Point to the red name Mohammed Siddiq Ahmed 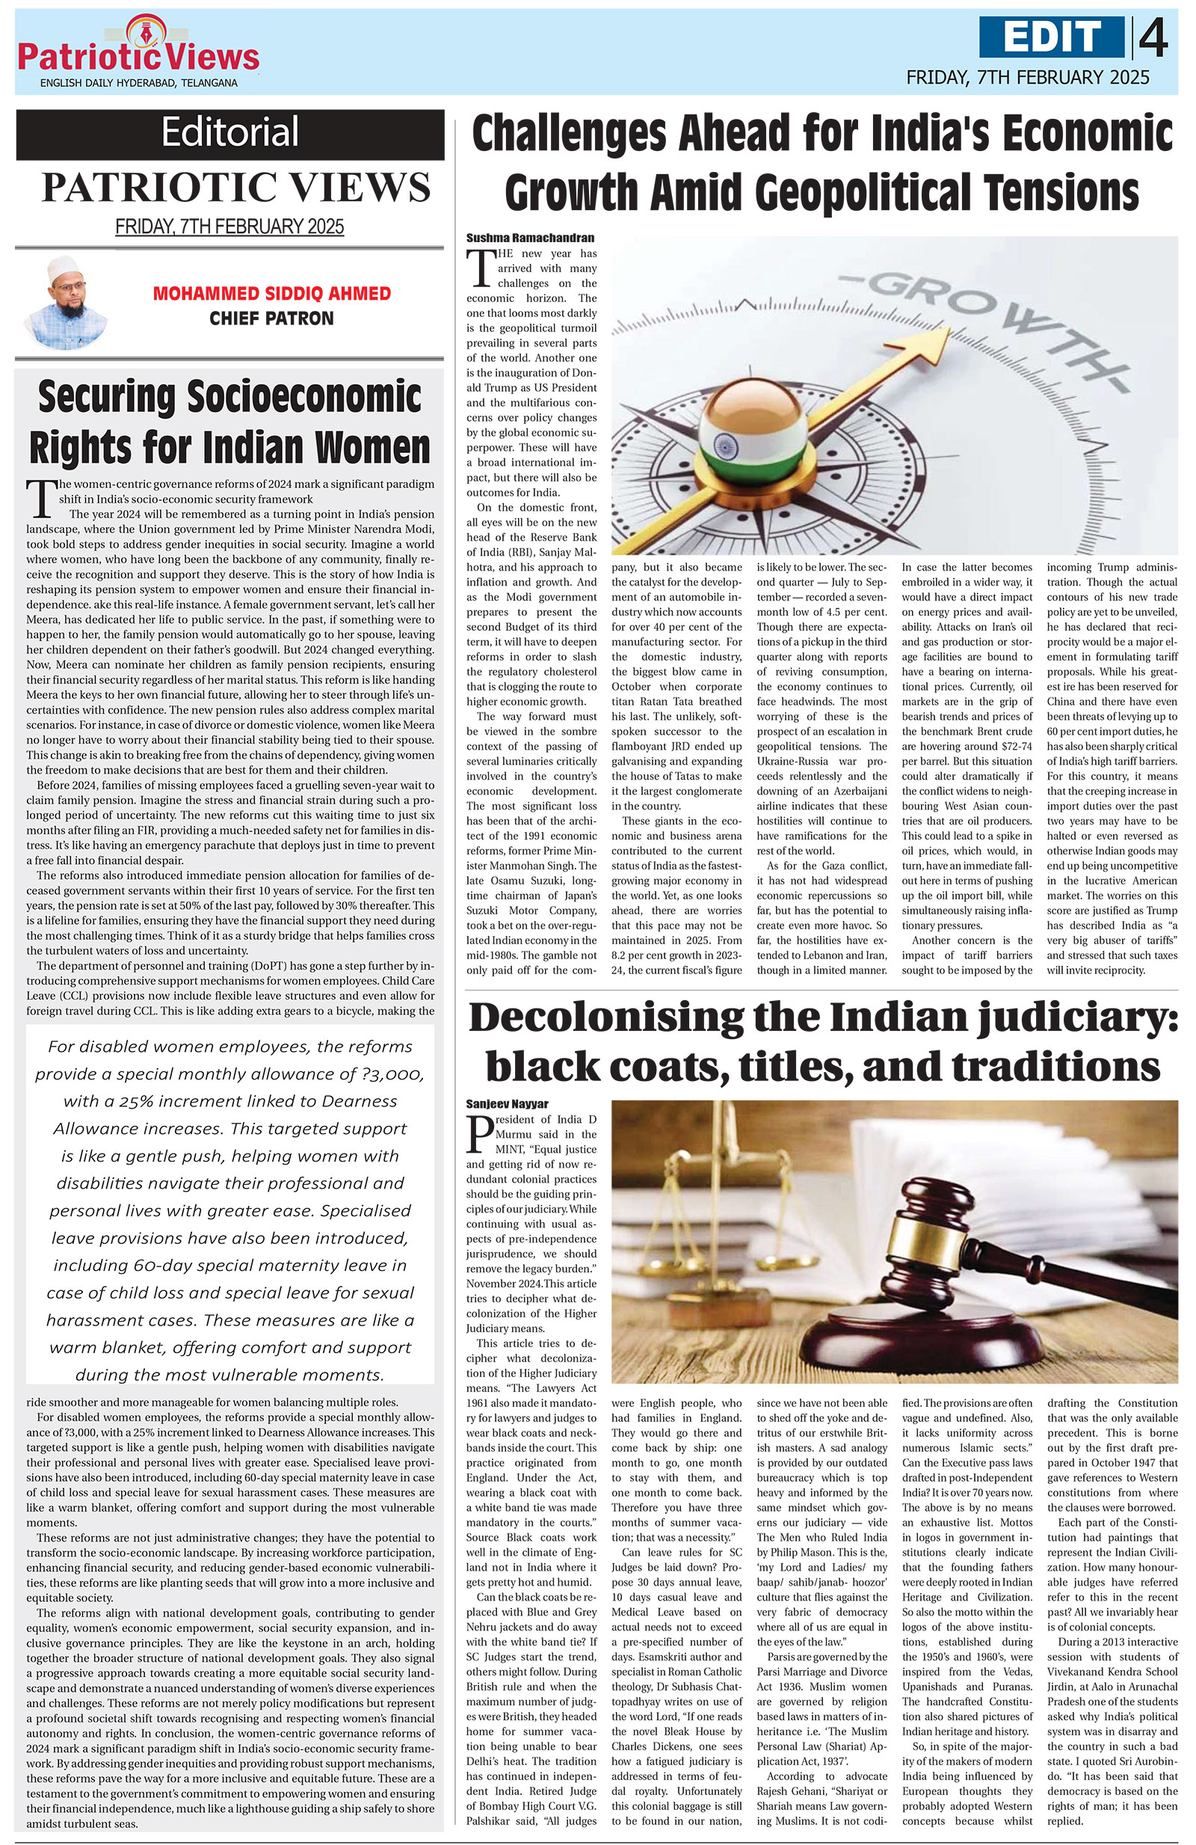point(271,294)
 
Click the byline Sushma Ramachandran point(530,238)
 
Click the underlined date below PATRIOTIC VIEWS point(229,227)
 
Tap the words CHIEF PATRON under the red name point(271,318)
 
